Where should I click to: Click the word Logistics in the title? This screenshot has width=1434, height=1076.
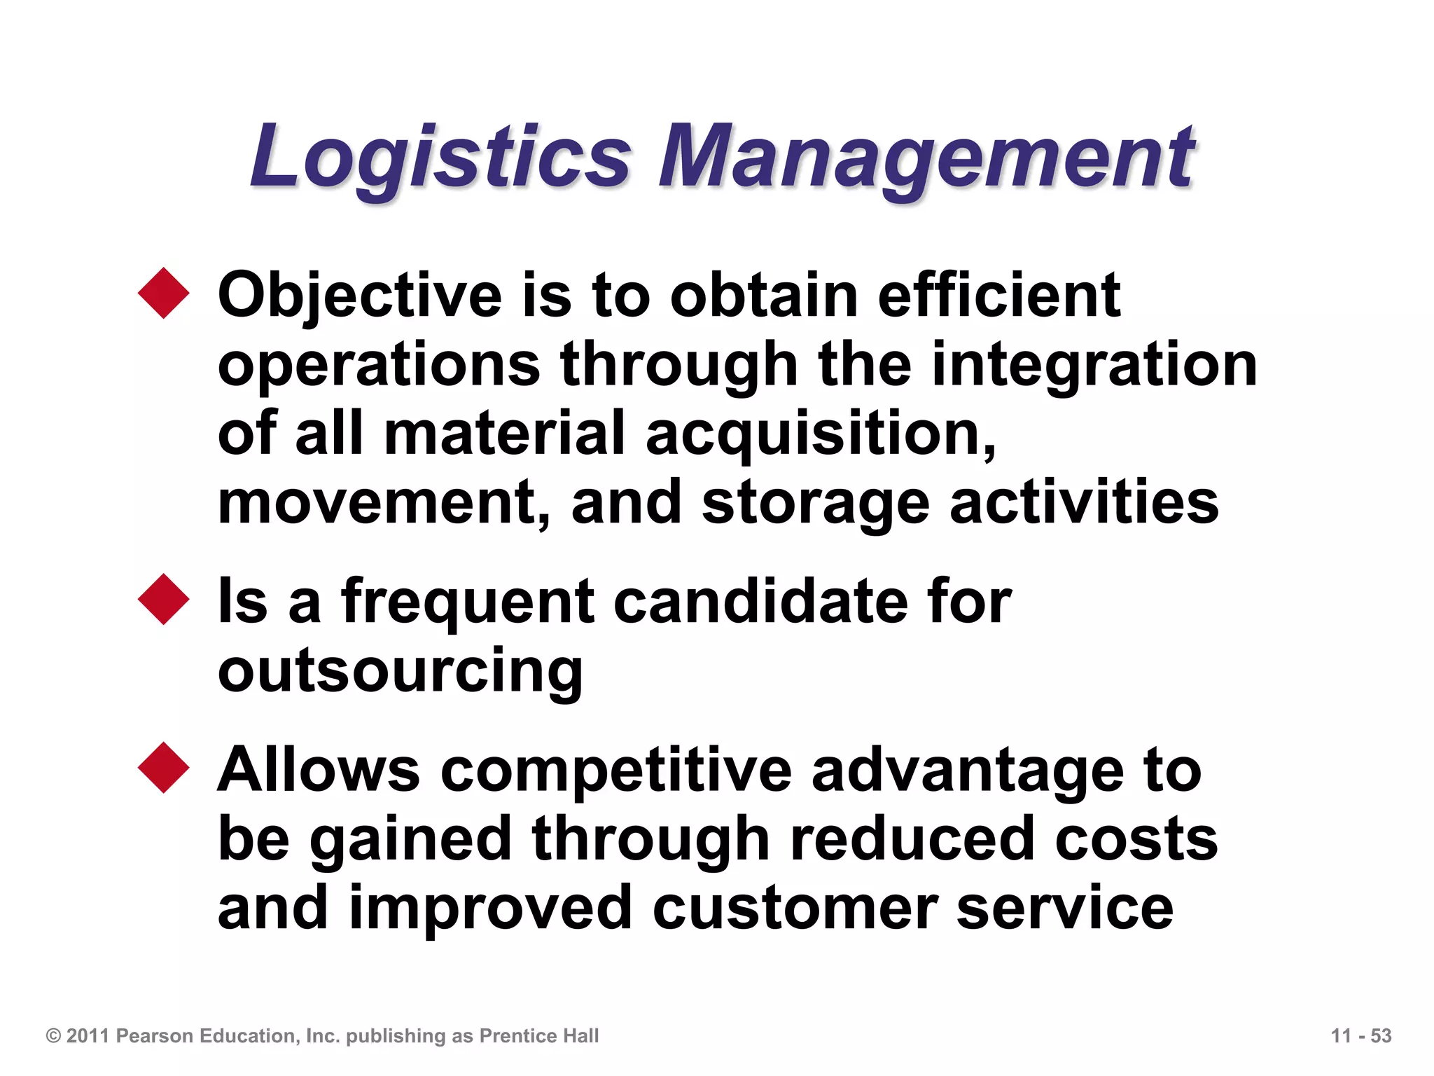441,158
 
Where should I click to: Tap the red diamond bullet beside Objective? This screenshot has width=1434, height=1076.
164,294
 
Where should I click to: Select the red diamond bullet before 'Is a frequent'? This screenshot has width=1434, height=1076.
164,600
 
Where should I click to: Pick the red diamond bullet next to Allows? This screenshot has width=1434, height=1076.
164,768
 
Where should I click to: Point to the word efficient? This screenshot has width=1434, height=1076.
998,295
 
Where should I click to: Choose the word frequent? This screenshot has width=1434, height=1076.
468,602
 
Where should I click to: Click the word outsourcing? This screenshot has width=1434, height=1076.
400,671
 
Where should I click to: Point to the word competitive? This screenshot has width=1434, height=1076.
616,771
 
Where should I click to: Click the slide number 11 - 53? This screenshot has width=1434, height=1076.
1360,1035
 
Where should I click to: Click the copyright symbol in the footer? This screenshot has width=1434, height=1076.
53,1036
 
